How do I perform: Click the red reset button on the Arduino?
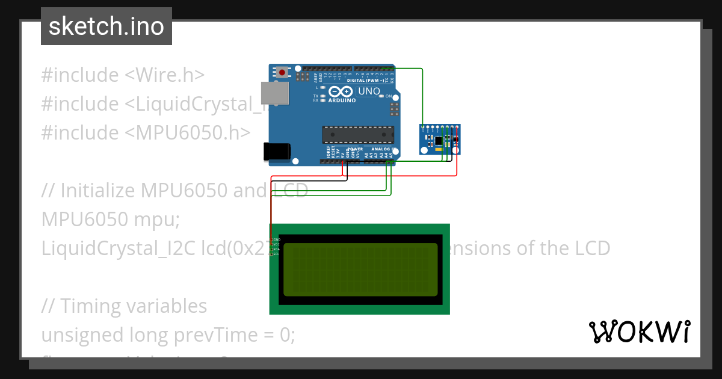pos(282,72)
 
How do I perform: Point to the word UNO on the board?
pos(369,91)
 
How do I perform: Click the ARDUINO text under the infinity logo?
pos(341,100)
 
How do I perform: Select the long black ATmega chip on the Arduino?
pos(358,135)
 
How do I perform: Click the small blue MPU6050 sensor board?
pos(440,140)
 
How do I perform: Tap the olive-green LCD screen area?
pos(360,270)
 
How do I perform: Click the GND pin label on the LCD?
pos(277,239)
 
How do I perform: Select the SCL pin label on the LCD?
pos(276,254)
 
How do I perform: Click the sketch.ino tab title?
pos(106,26)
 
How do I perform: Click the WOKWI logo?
pos(639,331)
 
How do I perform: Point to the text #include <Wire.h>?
pos(123,75)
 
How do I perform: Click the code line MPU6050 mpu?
pos(111,220)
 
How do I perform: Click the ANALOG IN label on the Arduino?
pos(383,149)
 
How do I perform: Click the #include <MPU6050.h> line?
pos(146,133)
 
